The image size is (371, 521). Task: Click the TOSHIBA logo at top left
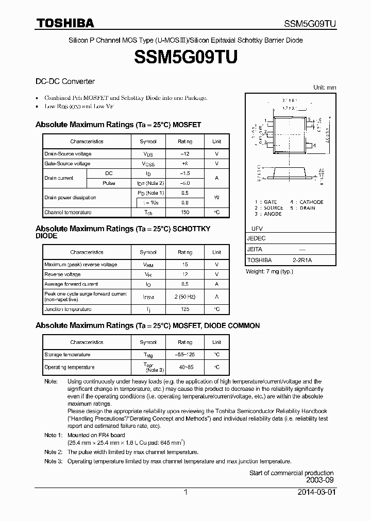(65, 23)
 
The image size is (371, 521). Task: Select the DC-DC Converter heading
(65, 81)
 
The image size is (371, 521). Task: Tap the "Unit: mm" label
(325, 88)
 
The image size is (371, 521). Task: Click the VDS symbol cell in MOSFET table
(148, 154)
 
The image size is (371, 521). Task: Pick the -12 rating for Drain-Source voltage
(185, 154)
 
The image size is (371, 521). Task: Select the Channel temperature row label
(68, 212)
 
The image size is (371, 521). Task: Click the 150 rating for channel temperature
(185, 212)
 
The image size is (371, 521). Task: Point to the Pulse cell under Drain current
(109, 183)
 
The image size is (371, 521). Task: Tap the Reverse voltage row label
(62, 274)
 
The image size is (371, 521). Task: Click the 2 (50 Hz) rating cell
(185, 297)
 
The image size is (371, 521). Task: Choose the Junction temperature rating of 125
(185, 309)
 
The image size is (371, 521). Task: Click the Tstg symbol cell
(148, 355)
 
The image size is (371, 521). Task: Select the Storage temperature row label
(68, 355)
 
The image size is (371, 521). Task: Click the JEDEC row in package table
(256, 238)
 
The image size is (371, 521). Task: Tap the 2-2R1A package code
(302, 260)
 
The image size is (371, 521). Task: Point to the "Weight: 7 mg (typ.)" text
(269, 271)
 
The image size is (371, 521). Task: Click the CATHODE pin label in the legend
(311, 202)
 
